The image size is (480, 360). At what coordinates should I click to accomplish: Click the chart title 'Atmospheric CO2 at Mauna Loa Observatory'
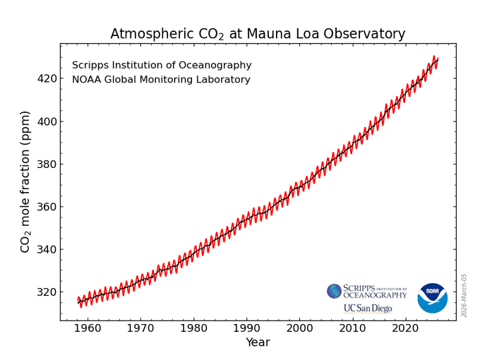click(x=258, y=34)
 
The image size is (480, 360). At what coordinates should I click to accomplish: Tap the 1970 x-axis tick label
click(x=141, y=328)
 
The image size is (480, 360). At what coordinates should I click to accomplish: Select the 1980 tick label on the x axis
click(x=194, y=328)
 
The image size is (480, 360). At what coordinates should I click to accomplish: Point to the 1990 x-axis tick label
click(x=247, y=328)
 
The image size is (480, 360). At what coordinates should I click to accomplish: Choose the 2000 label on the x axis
click(x=299, y=328)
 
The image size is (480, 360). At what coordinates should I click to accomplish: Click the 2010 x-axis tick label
click(x=352, y=328)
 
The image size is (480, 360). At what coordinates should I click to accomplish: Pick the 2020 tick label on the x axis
click(x=405, y=328)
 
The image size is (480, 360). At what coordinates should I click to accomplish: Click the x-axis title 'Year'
click(x=258, y=343)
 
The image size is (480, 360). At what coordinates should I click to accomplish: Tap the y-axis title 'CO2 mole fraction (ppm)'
click(x=25, y=181)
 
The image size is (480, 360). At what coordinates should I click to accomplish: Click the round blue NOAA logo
click(x=432, y=298)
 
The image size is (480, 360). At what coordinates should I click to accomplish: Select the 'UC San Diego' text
click(x=367, y=308)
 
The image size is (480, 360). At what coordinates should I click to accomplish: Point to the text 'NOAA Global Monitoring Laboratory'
click(x=161, y=80)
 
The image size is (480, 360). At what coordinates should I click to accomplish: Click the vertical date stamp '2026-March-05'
click(x=464, y=295)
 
